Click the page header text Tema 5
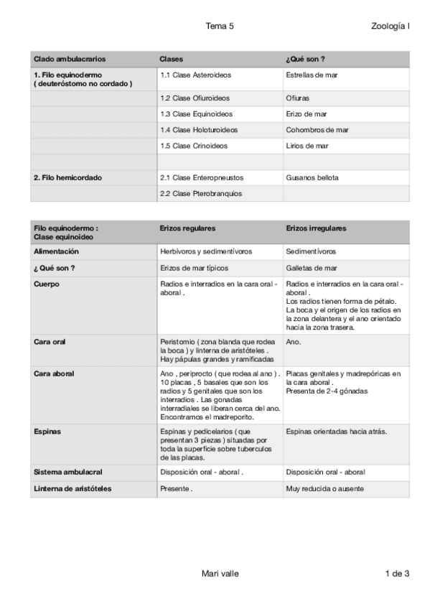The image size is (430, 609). tap(220, 26)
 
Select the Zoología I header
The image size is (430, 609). tap(391, 26)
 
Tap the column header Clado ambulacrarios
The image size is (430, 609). tap(67, 58)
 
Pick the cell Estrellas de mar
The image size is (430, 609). tap(312, 75)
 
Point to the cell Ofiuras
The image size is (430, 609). tap(298, 98)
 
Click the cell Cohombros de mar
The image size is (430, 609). tap(317, 130)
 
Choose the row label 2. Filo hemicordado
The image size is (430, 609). tap(67, 177)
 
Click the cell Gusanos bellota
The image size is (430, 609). tap(312, 177)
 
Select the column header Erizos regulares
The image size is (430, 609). tap(187, 228)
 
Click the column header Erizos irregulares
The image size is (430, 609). tap(316, 228)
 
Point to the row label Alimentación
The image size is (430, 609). tap(56, 252)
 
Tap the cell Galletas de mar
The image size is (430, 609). tap(311, 268)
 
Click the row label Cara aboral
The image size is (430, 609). tap(54, 374)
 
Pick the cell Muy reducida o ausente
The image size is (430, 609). tap(324, 489)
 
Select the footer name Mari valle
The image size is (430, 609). tap(220, 573)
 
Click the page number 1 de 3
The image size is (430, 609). tap(397, 573)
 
